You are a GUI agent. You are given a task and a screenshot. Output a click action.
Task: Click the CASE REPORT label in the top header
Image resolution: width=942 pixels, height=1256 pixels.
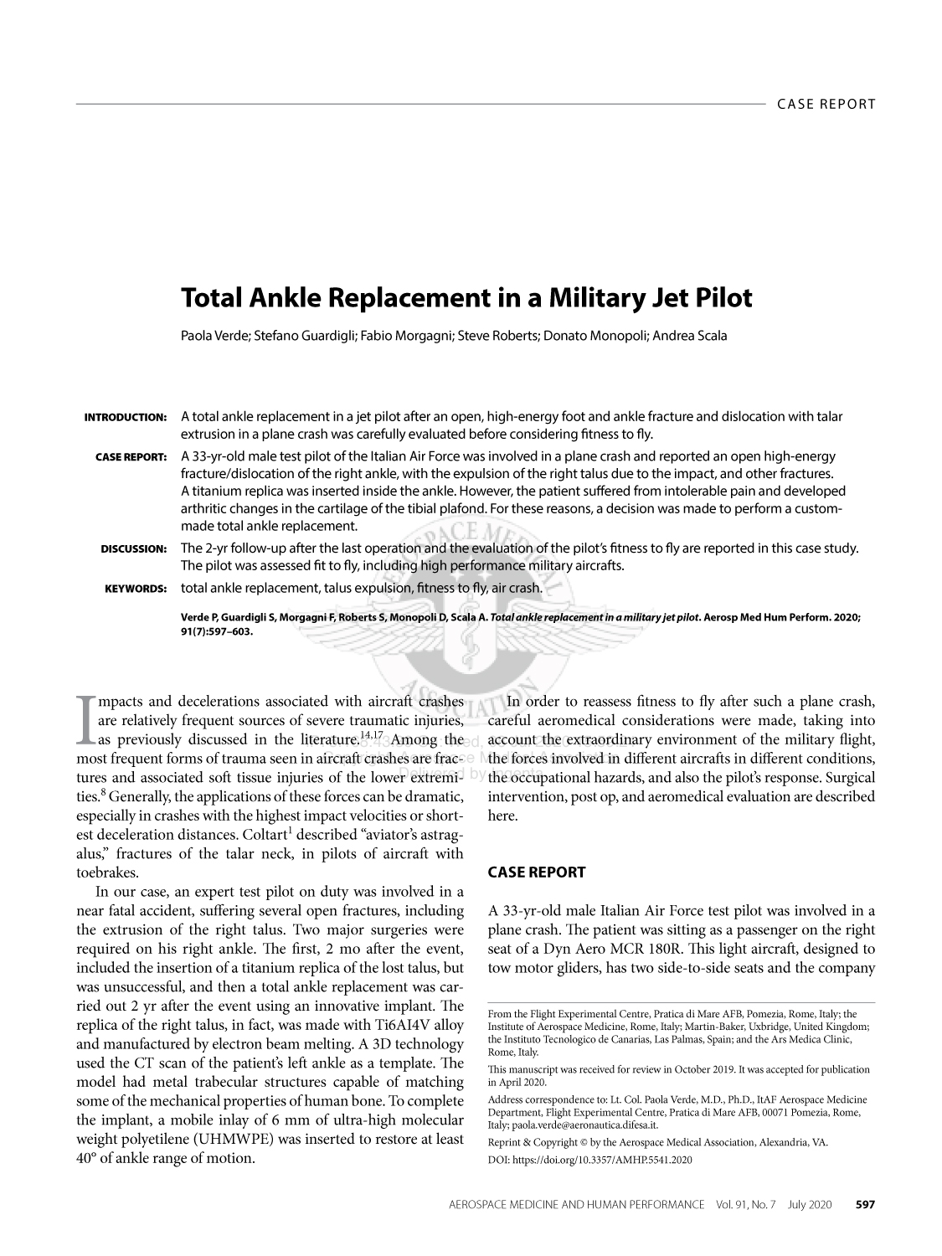(826, 104)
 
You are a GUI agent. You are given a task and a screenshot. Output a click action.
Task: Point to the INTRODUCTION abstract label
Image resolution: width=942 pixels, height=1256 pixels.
(126, 417)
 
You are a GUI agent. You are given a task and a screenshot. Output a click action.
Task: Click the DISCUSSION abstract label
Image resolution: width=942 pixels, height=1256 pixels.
(134, 549)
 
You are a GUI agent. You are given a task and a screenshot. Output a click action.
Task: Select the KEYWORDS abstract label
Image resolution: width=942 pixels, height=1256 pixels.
(136, 589)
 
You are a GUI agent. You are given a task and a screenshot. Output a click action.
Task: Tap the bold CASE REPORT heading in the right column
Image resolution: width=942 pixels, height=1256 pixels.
(536, 873)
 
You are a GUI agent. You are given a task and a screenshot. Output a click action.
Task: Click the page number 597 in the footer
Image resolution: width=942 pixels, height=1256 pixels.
(864, 1205)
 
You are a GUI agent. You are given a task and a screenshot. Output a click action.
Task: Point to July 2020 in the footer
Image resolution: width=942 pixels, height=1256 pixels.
(810, 1205)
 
